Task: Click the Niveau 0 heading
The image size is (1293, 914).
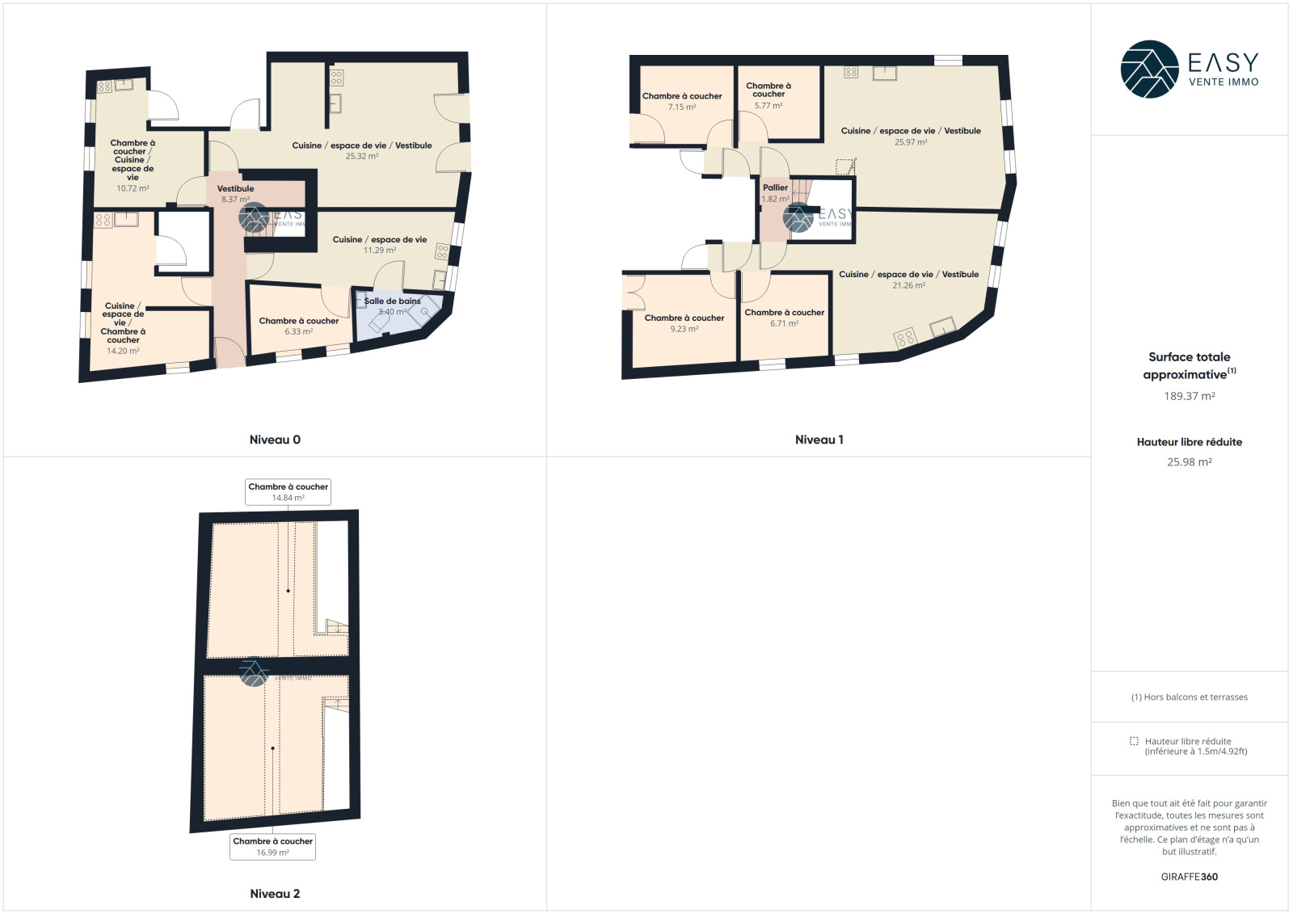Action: [275, 440]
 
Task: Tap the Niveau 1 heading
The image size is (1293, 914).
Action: [819, 440]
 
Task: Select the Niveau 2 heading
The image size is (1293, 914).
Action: [275, 894]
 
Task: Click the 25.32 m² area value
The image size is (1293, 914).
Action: [362, 156]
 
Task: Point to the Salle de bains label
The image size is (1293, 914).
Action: [393, 301]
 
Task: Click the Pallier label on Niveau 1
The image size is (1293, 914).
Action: [775, 187]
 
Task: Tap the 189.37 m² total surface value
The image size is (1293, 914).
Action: [1189, 396]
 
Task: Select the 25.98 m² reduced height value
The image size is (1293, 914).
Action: [1189, 462]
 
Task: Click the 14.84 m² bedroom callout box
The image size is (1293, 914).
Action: [288, 492]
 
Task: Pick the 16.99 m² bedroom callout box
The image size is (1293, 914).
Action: [272, 846]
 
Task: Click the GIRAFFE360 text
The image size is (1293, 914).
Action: [1189, 877]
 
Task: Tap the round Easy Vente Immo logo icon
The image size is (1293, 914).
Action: [1149, 69]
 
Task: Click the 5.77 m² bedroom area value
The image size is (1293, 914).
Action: [769, 106]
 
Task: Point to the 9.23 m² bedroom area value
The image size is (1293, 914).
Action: [684, 329]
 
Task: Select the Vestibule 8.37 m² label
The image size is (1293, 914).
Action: [235, 194]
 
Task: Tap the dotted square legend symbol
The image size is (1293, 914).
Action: [1135, 741]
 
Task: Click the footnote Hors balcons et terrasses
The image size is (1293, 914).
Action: [1189, 697]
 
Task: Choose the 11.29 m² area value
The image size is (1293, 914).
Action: [380, 250]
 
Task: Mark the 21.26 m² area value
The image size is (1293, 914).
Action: [908, 285]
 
